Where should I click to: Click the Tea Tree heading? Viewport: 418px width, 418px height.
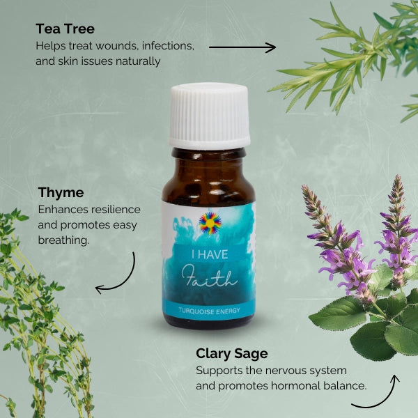[65, 29]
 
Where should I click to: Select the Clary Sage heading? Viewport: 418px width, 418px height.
[231, 353]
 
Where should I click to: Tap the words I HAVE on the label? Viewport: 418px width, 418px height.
[210, 256]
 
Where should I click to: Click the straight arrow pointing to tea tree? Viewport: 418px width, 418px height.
[242, 47]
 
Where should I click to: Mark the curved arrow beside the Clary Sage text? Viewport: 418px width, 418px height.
[376, 394]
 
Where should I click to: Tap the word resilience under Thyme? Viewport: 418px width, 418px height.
[116, 209]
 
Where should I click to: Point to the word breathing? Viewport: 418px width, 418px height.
[64, 239]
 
